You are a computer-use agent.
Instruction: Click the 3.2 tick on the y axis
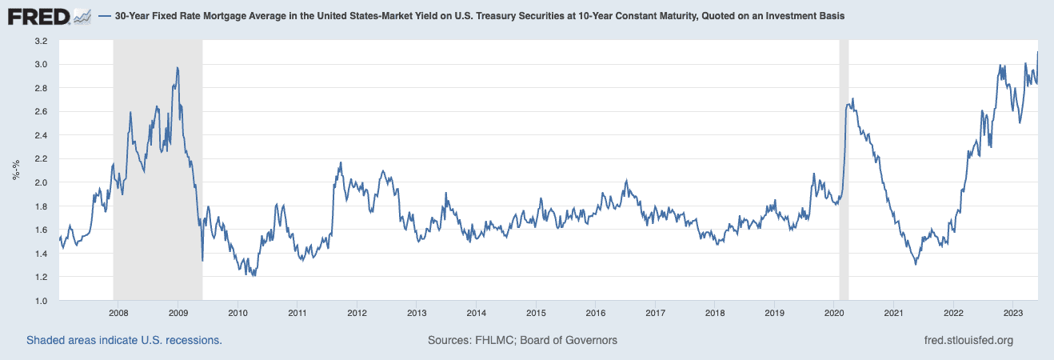click(41, 41)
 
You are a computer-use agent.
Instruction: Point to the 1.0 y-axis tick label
click(41, 301)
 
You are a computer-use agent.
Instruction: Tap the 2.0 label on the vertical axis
click(41, 182)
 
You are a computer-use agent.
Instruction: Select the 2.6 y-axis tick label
click(41, 112)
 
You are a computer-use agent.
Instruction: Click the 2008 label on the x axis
click(117, 312)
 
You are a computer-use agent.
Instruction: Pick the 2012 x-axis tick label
click(357, 312)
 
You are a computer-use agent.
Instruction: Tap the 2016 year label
click(595, 312)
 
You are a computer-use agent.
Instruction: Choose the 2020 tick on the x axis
click(834, 312)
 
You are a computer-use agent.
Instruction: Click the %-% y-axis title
click(15, 171)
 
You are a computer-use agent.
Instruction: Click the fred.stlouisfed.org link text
click(968, 341)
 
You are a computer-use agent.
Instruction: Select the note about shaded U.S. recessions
click(124, 341)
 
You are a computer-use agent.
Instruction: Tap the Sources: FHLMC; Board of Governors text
click(522, 341)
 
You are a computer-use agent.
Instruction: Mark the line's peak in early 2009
click(177, 68)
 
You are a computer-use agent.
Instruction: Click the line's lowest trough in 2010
click(254, 276)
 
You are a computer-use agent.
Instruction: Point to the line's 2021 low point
click(916, 264)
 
